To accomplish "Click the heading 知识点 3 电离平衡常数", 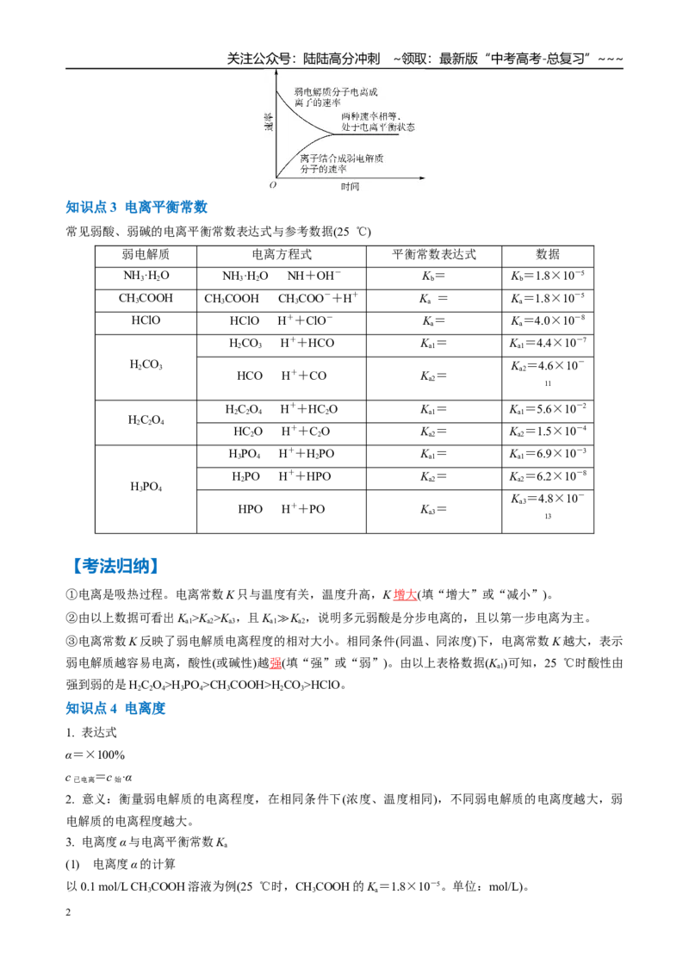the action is tap(136, 207).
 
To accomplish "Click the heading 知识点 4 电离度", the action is tap(115, 708).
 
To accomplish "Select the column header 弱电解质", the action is tap(146, 255).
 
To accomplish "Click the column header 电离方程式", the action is tap(282, 255).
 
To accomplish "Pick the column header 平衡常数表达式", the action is tap(434, 255).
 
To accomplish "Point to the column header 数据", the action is tap(548, 255).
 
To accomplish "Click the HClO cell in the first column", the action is tap(146, 321).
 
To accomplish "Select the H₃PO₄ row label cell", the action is tap(146, 487).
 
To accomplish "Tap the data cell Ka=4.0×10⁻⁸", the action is tap(548, 321).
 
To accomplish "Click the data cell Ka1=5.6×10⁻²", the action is tap(548, 409).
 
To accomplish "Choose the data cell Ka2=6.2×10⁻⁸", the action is tap(548, 476).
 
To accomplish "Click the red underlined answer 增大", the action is tap(405, 594).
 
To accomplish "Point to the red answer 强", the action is tap(276, 663).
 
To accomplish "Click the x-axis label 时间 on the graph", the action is tap(350, 187).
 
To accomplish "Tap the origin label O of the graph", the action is tap(272, 185).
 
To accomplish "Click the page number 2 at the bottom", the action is tap(68, 912).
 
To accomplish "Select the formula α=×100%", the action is tap(95, 755).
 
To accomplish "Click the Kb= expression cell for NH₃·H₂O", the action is tap(433, 276).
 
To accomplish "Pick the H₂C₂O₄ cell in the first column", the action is tap(146, 420).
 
